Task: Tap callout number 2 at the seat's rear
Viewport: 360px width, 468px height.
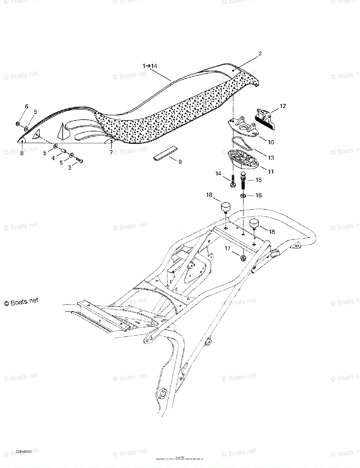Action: pyautogui.click(x=260, y=54)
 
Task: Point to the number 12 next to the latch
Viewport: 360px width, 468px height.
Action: pyautogui.click(x=282, y=106)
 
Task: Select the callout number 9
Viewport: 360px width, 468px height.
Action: pyautogui.click(x=180, y=161)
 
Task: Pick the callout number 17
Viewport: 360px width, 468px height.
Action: pyautogui.click(x=227, y=248)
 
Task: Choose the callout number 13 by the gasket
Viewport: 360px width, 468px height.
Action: pyautogui.click(x=271, y=158)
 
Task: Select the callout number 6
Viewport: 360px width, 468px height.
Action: pyautogui.click(x=26, y=106)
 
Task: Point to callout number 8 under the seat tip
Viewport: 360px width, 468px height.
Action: pyautogui.click(x=22, y=153)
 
